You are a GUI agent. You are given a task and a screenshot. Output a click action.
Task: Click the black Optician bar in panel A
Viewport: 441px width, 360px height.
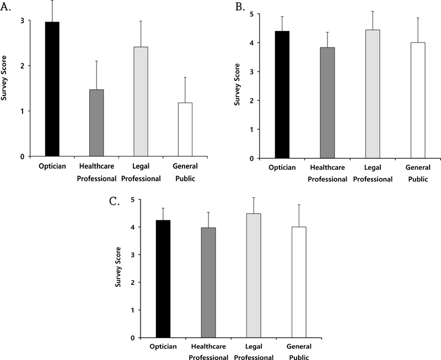pyautogui.click(x=51, y=89)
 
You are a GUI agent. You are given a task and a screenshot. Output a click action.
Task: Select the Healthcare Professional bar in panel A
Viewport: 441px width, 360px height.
pyautogui.click(x=96, y=123)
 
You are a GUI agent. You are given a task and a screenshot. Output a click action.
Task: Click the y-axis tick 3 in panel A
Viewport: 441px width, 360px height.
pyautogui.click(x=23, y=21)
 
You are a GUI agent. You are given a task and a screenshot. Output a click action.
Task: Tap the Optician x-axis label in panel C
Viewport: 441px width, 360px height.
pyautogui.click(x=164, y=346)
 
